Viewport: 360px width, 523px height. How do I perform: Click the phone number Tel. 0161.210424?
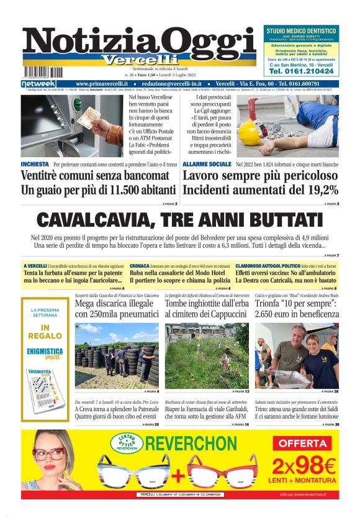(302, 71)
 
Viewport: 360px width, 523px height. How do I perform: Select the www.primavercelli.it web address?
(102, 84)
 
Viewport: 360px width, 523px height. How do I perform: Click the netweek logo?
(38, 84)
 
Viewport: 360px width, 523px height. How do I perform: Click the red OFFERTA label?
(304, 443)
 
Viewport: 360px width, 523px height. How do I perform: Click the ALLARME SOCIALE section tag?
(207, 164)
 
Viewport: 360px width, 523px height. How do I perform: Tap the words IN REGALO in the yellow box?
(44, 332)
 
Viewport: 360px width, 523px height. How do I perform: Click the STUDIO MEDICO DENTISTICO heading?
(302, 31)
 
